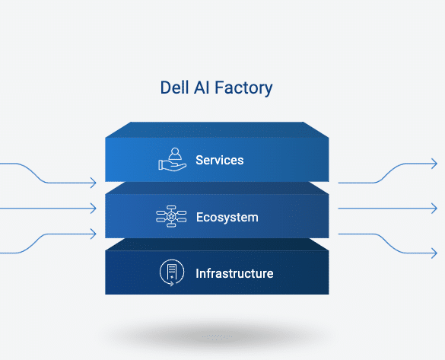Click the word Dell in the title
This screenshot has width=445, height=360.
pos(174,88)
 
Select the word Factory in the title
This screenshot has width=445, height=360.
pos(243,88)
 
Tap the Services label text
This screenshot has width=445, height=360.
pos(220,160)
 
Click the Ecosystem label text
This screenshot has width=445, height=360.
pos(227,218)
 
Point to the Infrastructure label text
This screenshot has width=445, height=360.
pos(234,274)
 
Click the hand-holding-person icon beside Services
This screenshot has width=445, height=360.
pos(172,159)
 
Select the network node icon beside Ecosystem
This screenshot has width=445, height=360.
pos(171,216)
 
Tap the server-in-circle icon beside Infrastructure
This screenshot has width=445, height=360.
pos(172,272)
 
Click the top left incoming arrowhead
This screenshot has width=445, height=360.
pos(94,183)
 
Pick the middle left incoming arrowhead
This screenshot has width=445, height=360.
pos(94,209)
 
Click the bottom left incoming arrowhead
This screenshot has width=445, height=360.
pos(94,234)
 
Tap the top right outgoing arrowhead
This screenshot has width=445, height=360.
pos(434,164)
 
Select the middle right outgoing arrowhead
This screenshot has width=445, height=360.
pos(434,209)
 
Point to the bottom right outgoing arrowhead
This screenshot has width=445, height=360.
pos(434,253)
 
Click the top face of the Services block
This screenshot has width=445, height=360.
pos(217,129)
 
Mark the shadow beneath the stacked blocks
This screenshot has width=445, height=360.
pos(217,336)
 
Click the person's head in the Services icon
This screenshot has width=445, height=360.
pos(175,151)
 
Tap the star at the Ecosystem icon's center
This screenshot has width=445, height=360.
pos(171,216)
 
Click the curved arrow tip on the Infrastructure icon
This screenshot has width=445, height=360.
pos(172,283)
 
